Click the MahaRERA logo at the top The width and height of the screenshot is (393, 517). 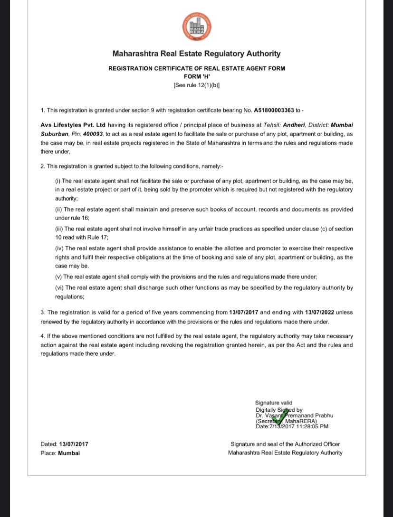[196, 28]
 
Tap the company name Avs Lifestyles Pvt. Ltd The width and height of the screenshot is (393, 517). [73, 125]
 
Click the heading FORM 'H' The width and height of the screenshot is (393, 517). [197, 76]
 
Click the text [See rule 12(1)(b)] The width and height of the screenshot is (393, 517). [197, 85]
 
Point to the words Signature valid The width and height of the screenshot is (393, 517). [274, 402]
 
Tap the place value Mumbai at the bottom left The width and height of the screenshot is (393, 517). [69, 453]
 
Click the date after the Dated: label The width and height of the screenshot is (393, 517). [74, 444]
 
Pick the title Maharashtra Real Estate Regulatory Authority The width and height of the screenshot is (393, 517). [196, 54]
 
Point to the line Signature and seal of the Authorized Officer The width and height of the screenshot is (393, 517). [285, 444]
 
